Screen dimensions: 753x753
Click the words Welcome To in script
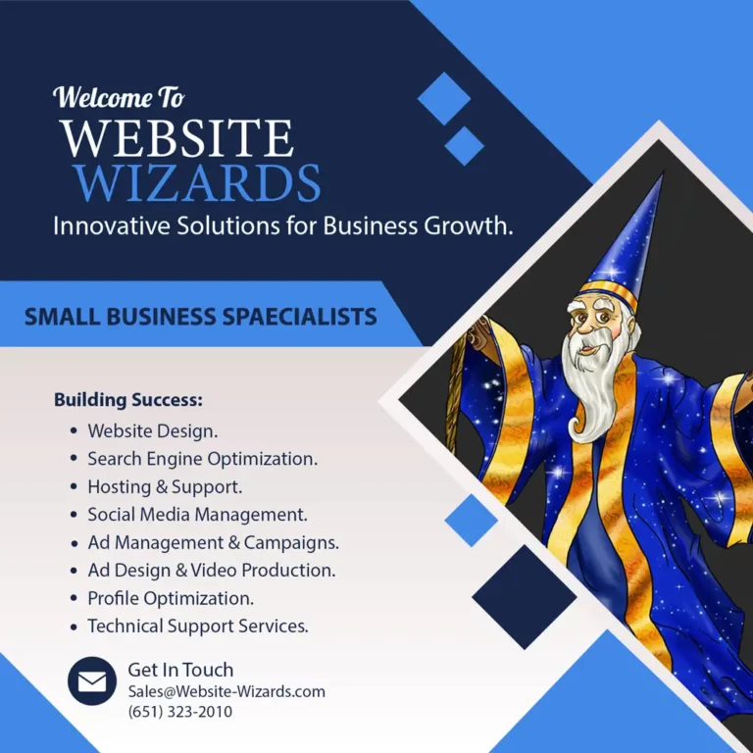(x=119, y=97)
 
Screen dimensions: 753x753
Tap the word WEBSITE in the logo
(x=176, y=138)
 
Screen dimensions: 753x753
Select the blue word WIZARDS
(x=197, y=183)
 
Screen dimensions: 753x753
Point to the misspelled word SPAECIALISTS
(x=299, y=317)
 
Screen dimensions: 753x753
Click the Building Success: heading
(x=128, y=400)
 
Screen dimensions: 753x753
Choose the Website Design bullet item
(x=152, y=430)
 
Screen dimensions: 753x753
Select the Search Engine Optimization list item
(x=202, y=459)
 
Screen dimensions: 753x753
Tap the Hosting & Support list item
(x=165, y=486)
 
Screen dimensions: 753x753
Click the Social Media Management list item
(x=197, y=515)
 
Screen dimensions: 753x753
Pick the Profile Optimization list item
(x=171, y=598)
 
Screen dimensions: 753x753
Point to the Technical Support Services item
(x=198, y=626)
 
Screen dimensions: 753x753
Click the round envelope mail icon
(x=92, y=681)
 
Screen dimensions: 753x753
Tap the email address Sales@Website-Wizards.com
(x=226, y=691)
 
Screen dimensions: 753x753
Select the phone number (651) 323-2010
(x=180, y=711)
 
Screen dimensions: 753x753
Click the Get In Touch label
(x=180, y=670)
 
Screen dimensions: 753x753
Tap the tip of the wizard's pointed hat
(x=663, y=173)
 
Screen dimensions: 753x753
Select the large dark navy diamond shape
(x=525, y=597)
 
